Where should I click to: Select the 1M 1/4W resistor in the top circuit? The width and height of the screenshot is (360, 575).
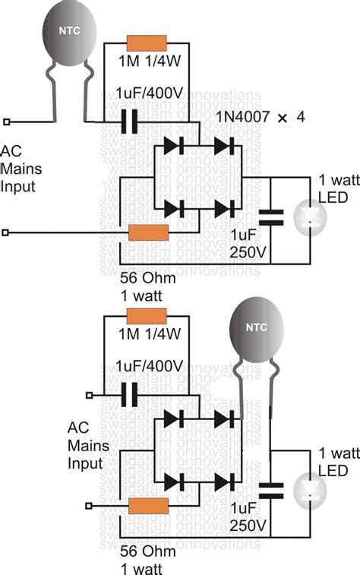[147, 45]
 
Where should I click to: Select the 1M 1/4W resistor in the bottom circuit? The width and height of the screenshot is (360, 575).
[147, 316]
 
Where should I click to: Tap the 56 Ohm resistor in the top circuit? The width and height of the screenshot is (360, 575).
[149, 232]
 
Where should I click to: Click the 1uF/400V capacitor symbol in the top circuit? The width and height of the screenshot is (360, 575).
[131, 121]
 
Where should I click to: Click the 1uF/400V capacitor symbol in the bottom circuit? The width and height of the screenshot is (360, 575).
[131, 394]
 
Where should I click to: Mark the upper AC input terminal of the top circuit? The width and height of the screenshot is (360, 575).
[8, 121]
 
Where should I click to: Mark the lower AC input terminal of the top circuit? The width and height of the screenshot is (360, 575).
[8, 232]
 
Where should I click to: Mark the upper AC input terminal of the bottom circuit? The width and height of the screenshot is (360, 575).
[90, 394]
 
